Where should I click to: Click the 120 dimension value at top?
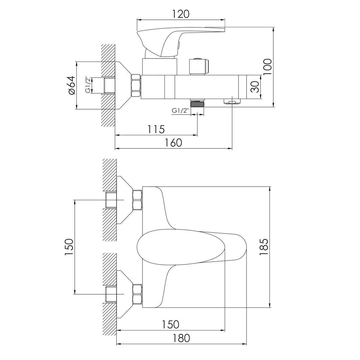coord(181,14)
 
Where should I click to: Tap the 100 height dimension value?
coord(267,67)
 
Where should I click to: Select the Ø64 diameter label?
coord(72,85)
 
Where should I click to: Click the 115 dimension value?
coord(156,129)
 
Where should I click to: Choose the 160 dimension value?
coord(173,143)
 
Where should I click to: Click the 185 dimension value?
coord(264,247)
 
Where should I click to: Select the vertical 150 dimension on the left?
coord(69,247)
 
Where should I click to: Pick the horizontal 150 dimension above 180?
coord(170,325)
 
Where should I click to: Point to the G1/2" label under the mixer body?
coord(179,111)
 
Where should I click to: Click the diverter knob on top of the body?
coord(199,66)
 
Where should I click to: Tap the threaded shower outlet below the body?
coord(197,103)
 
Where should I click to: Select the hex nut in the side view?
coord(136,85)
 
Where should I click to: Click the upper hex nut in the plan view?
coord(137,200)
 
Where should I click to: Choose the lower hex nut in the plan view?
coord(137,294)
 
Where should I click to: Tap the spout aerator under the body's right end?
coord(232,102)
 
